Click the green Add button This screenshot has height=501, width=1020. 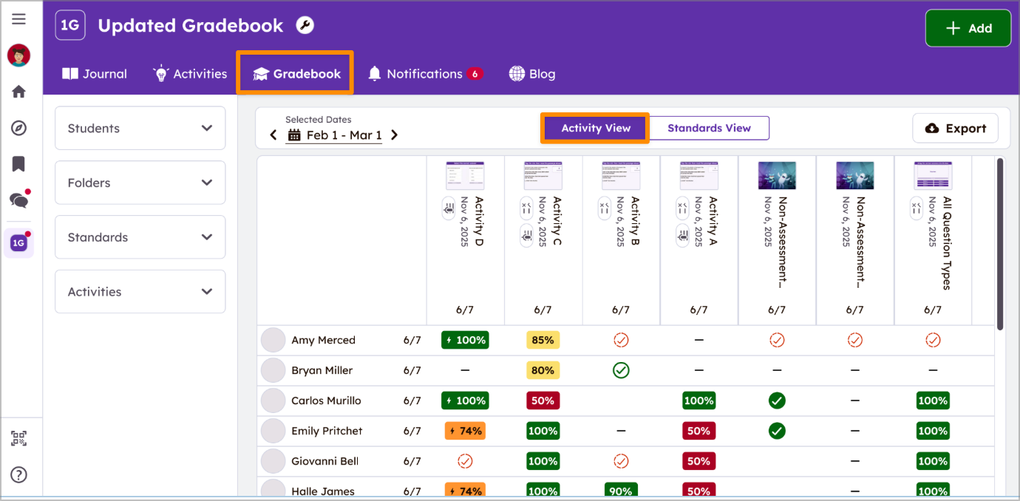pyautogui.click(x=968, y=28)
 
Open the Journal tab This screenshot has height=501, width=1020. pyautogui.click(x=95, y=74)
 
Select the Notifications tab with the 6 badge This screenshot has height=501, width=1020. pyautogui.click(x=425, y=74)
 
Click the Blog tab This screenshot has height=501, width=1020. pyautogui.click(x=532, y=74)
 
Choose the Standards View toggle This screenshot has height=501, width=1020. pyautogui.click(x=709, y=128)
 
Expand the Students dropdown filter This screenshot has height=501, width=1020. pyautogui.click(x=140, y=129)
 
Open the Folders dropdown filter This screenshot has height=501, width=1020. pyautogui.click(x=140, y=183)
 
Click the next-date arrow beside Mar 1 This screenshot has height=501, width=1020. pyautogui.click(x=395, y=135)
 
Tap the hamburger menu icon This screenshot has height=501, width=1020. pyautogui.click(x=19, y=19)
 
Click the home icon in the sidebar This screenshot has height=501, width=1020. pyautogui.click(x=19, y=92)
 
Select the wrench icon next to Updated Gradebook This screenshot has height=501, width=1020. pyautogui.click(x=305, y=26)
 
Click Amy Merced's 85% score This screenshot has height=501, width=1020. pyautogui.click(x=543, y=341)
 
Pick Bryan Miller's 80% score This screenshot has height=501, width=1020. pyautogui.click(x=543, y=371)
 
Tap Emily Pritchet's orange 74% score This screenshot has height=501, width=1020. pyautogui.click(x=465, y=431)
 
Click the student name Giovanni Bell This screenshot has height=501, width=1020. pyautogui.click(x=324, y=461)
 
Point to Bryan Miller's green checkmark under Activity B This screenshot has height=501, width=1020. pyautogui.click(x=621, y=370)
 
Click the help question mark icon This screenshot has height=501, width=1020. pyautogui.click(x=19, y=475)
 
